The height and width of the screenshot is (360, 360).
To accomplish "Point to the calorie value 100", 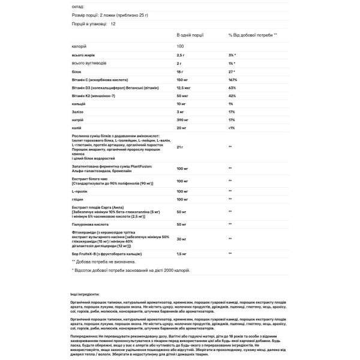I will [181, 47].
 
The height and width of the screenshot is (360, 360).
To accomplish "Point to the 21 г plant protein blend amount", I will [181, 146].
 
